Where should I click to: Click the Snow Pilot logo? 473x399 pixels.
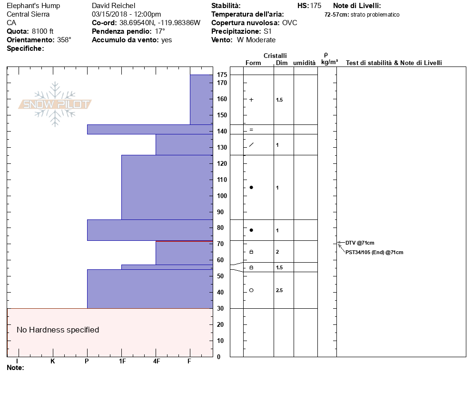tap(55, 104)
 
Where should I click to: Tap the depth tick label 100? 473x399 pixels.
tap(222, 196)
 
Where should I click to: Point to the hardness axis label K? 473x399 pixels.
tap(52, 361)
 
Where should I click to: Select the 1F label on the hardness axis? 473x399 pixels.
tap(122, 361)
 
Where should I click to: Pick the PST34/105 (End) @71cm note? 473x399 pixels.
tap(374, 252)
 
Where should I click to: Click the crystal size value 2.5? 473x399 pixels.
tap(279, 290)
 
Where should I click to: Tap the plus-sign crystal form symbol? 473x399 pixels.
tap(251, 100)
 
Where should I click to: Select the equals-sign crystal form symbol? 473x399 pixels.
tap(251, 130)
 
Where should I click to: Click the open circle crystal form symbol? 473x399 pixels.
tap(251, 290)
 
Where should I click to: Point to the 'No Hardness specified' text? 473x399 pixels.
tap(58, 330)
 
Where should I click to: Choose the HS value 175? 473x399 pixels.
tap(315, 6)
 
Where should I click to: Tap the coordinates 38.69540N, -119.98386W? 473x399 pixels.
tap(160, 23)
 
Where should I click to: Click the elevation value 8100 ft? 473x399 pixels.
tap(42, 31)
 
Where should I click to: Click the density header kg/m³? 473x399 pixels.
tap(329, 62)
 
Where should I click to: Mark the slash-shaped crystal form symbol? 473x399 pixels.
tap(251, 145)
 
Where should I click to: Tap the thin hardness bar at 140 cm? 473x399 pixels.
tap(149, 129)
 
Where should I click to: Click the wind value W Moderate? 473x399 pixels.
tap(256, 40)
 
